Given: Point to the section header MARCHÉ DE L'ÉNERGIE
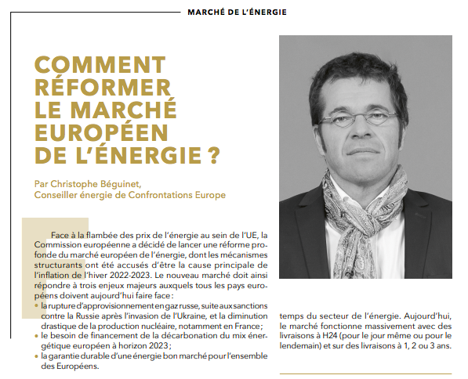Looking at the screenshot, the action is coord(238,13).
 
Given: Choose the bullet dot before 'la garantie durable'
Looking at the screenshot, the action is coord(38,356).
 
